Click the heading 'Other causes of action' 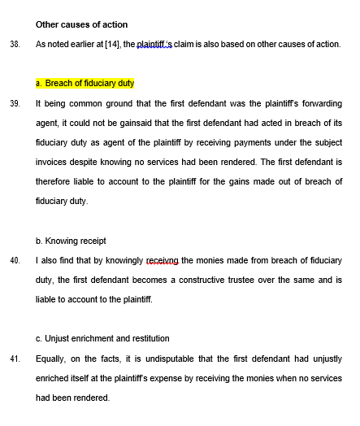tap(81, 24)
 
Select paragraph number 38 tap(15, 44)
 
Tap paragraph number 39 tap(15, 104)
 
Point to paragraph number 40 tap(15, 260)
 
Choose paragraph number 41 tap(15, 359)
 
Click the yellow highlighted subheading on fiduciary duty tap(85, 84)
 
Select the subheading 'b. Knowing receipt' tap(72, 241)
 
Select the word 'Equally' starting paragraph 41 tap(51, 359)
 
